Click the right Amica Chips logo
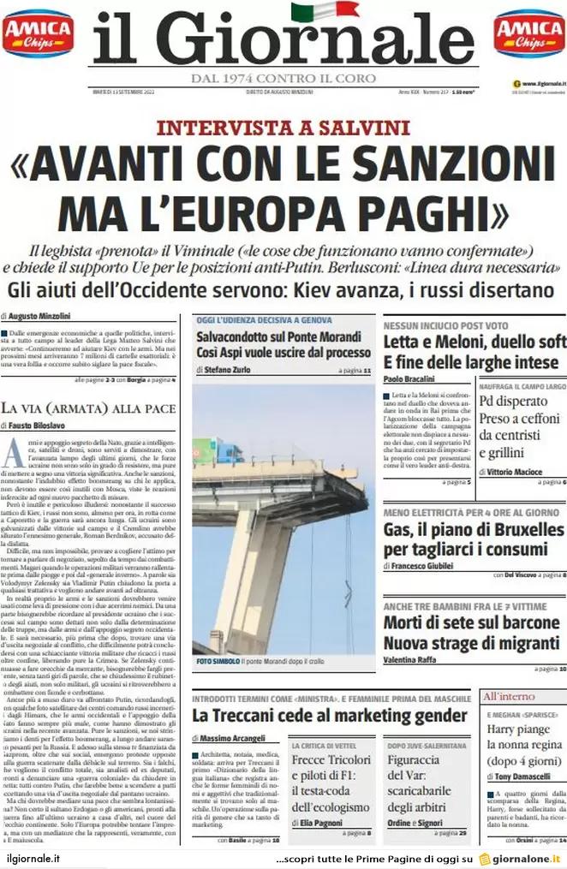(528, 33)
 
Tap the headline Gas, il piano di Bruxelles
(473, 530)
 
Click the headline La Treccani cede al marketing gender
(330, 715)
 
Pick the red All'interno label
(509, 696)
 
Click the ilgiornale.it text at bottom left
(33, 858)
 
